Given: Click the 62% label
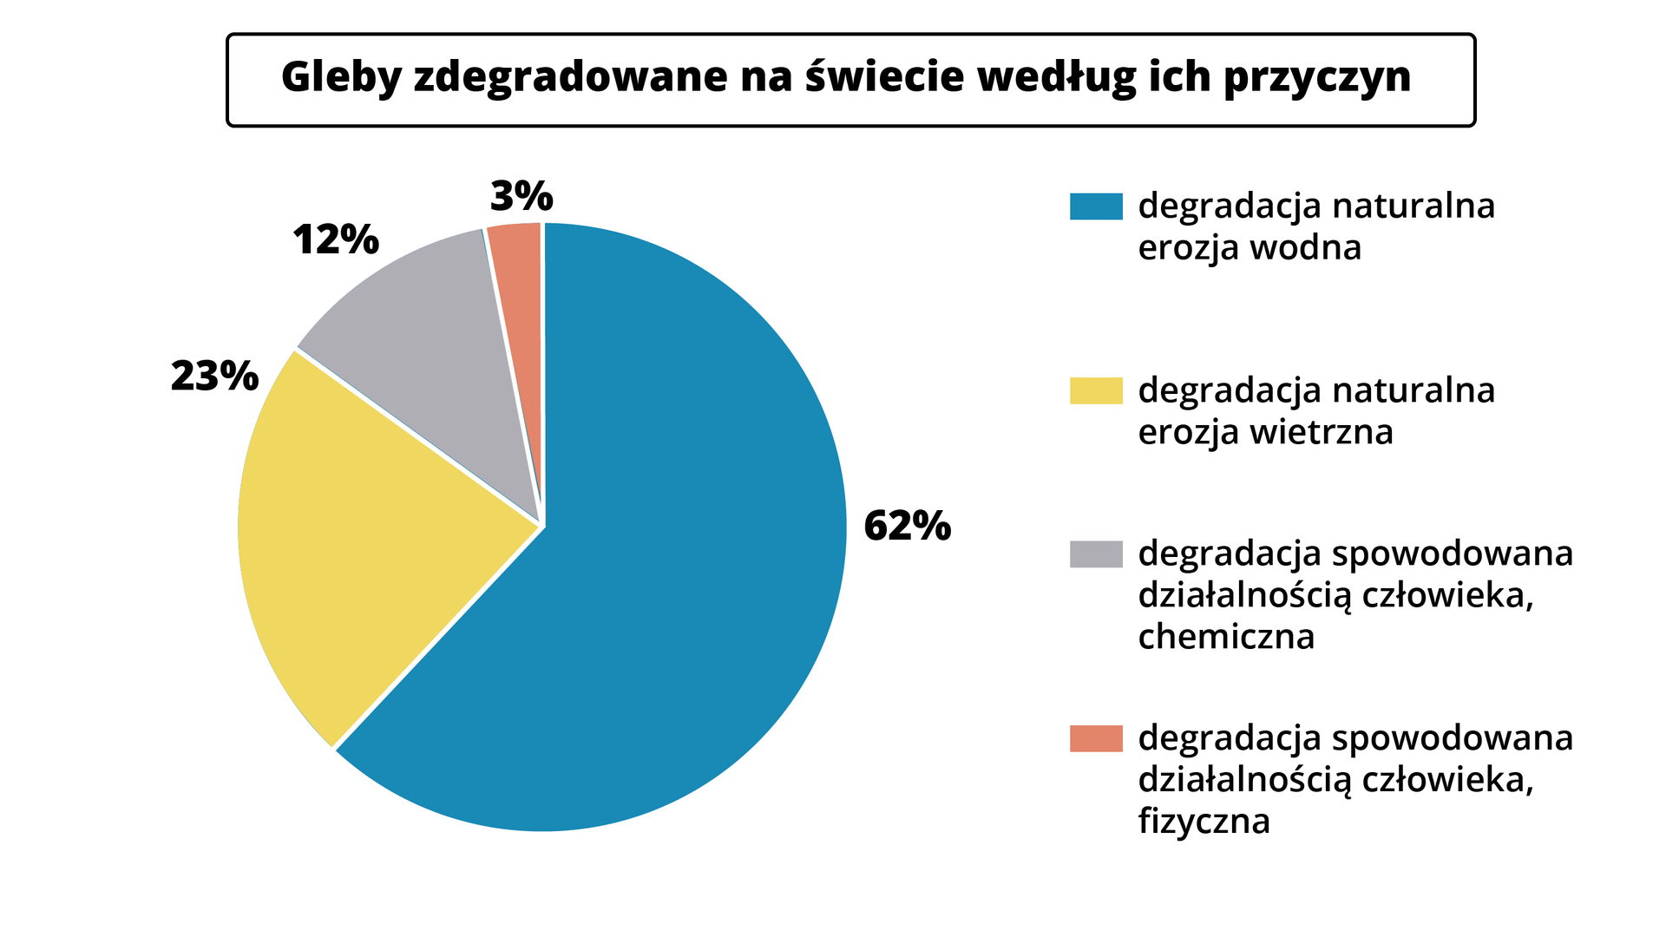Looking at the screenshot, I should pos(907,526).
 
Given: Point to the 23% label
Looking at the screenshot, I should pos(214,376).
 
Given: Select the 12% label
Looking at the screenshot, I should pos(336,239).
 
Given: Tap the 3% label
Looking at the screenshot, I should pos(521,196).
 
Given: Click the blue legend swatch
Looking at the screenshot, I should pos(1096,206).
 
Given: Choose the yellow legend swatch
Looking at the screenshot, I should pos(1096,390).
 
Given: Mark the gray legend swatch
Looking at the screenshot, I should pos(1096,554).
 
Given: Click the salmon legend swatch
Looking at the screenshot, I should pos(1096,738).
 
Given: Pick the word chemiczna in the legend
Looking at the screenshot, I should pos(1226,637).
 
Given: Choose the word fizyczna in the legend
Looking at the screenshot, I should pos(1204,821).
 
